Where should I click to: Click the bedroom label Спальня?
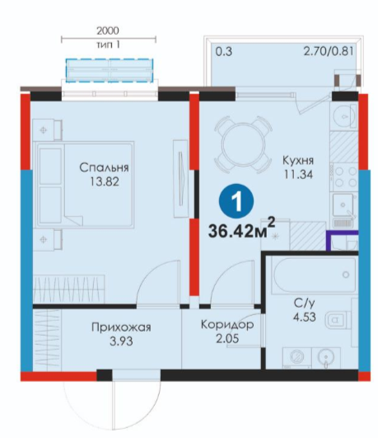coord(104,167)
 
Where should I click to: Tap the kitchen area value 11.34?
coord(298,174)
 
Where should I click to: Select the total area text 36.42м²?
coord(241,228)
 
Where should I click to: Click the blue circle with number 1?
coord(236,200)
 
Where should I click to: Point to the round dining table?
coord(243,144)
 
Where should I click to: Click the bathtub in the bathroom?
coord(315,276)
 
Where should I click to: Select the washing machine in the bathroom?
coord(297,357)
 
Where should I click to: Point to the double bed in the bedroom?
coord(84,184)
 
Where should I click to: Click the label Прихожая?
coord(121,327)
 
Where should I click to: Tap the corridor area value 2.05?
coord(227,338)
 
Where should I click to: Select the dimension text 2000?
coord(108,31)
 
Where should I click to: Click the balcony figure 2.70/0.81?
coord(329,51)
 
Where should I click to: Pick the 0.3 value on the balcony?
coord(224,52)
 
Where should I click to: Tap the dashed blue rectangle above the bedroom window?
coord(110,70)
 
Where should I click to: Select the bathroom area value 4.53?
coord(305,317)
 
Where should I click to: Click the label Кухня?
coord(298,160)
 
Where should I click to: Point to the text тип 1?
coord(108,45)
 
